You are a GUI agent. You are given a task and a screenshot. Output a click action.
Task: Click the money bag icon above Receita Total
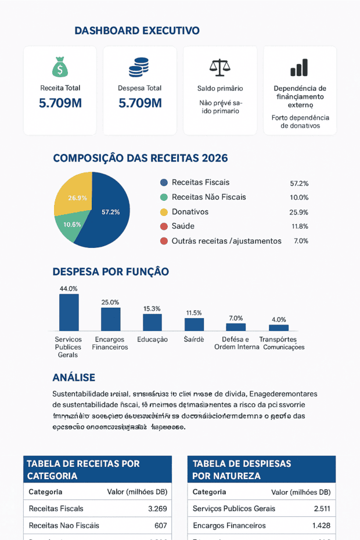(60, 67)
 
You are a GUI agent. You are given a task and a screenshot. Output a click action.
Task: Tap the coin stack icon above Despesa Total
(139, 67)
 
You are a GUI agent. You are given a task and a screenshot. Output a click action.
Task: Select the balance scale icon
(219, 67)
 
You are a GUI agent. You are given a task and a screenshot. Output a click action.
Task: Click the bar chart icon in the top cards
(299, 67)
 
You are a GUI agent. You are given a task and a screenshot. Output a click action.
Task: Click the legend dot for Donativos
(164, 212)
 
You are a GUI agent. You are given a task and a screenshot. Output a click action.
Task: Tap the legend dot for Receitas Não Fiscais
(164, 197)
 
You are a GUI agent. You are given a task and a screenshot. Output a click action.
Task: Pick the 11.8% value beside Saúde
(300, 226)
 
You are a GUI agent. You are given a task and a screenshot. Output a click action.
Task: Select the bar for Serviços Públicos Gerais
(69, 312)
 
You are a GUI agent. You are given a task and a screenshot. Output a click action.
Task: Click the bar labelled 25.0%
(110, 319)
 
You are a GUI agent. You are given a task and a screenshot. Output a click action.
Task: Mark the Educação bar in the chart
(152, 322)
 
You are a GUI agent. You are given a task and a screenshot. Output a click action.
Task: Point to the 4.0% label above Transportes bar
(279, 319)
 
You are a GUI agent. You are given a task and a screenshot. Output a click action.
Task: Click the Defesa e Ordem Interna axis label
(236, 343)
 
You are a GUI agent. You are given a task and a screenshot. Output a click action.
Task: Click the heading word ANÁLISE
(74, 377)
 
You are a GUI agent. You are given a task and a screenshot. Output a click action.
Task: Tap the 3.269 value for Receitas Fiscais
(157, 509)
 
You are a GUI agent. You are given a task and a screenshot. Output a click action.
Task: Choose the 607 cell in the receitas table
(161, 525)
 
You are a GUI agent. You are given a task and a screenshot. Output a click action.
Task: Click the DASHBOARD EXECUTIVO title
(137, 31)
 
